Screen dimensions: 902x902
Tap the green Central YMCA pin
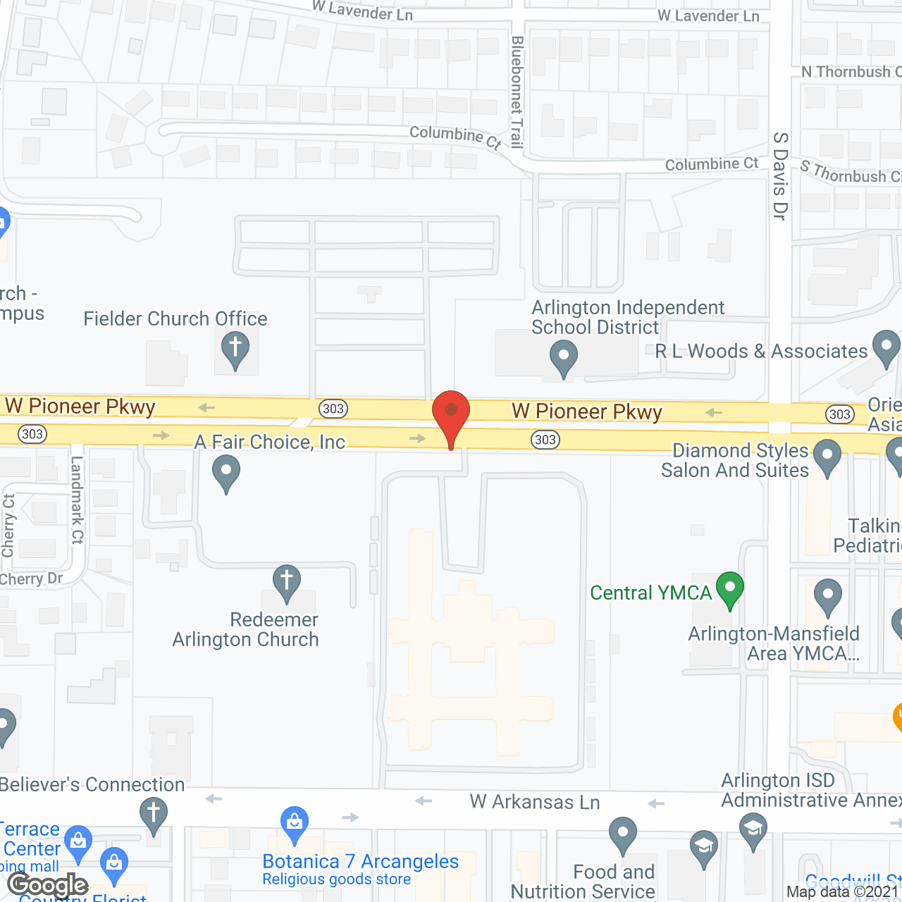click(730, 589)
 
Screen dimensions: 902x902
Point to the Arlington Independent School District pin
click(563, 358)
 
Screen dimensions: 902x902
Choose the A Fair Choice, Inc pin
click(225, 472)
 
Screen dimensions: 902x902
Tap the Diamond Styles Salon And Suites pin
click(827, 457)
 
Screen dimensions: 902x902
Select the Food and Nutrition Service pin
click(622, 834)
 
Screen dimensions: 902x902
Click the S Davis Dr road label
click(779, 176)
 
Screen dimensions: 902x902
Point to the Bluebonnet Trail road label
click(517, 92)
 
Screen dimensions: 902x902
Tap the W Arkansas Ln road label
click(534, 802)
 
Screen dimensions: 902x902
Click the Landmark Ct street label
click(77, 500)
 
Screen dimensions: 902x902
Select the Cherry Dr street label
click(32, 579)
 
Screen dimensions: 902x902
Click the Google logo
click(48, 885)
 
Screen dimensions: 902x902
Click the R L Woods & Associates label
click(761, 351)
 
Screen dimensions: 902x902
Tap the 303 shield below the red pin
click(545, 440)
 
